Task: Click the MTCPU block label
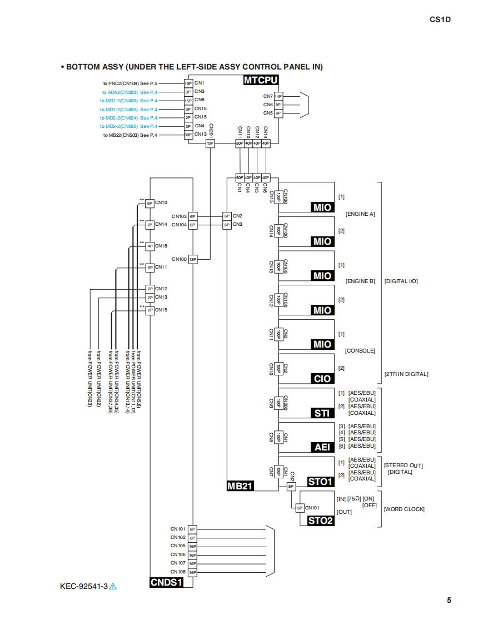pos(261,81)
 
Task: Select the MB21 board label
pos(240,486)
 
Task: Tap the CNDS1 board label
pos(166,582)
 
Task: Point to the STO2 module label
pos(320,521)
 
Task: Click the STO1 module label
pos(320,482)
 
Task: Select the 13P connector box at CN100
pos(193,259)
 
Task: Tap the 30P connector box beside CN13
pos(188,135)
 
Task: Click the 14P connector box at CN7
pos(278,96)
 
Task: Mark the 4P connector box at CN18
pos(150,246)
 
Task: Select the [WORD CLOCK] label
pos(404,509)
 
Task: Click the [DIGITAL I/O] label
pos(401,281)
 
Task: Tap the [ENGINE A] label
pos(360,214)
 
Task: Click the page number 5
pos(449,600)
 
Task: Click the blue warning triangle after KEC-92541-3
pos(113,586)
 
